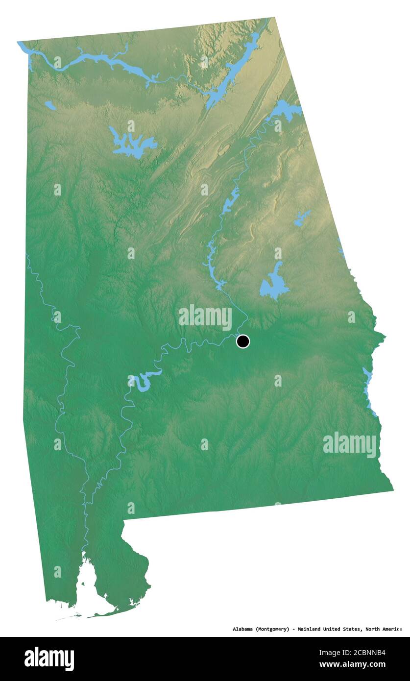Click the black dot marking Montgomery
242,341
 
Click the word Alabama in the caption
243,629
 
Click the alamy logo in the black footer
49,659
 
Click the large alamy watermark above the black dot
205,317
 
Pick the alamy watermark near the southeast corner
350,445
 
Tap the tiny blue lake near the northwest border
49,105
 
